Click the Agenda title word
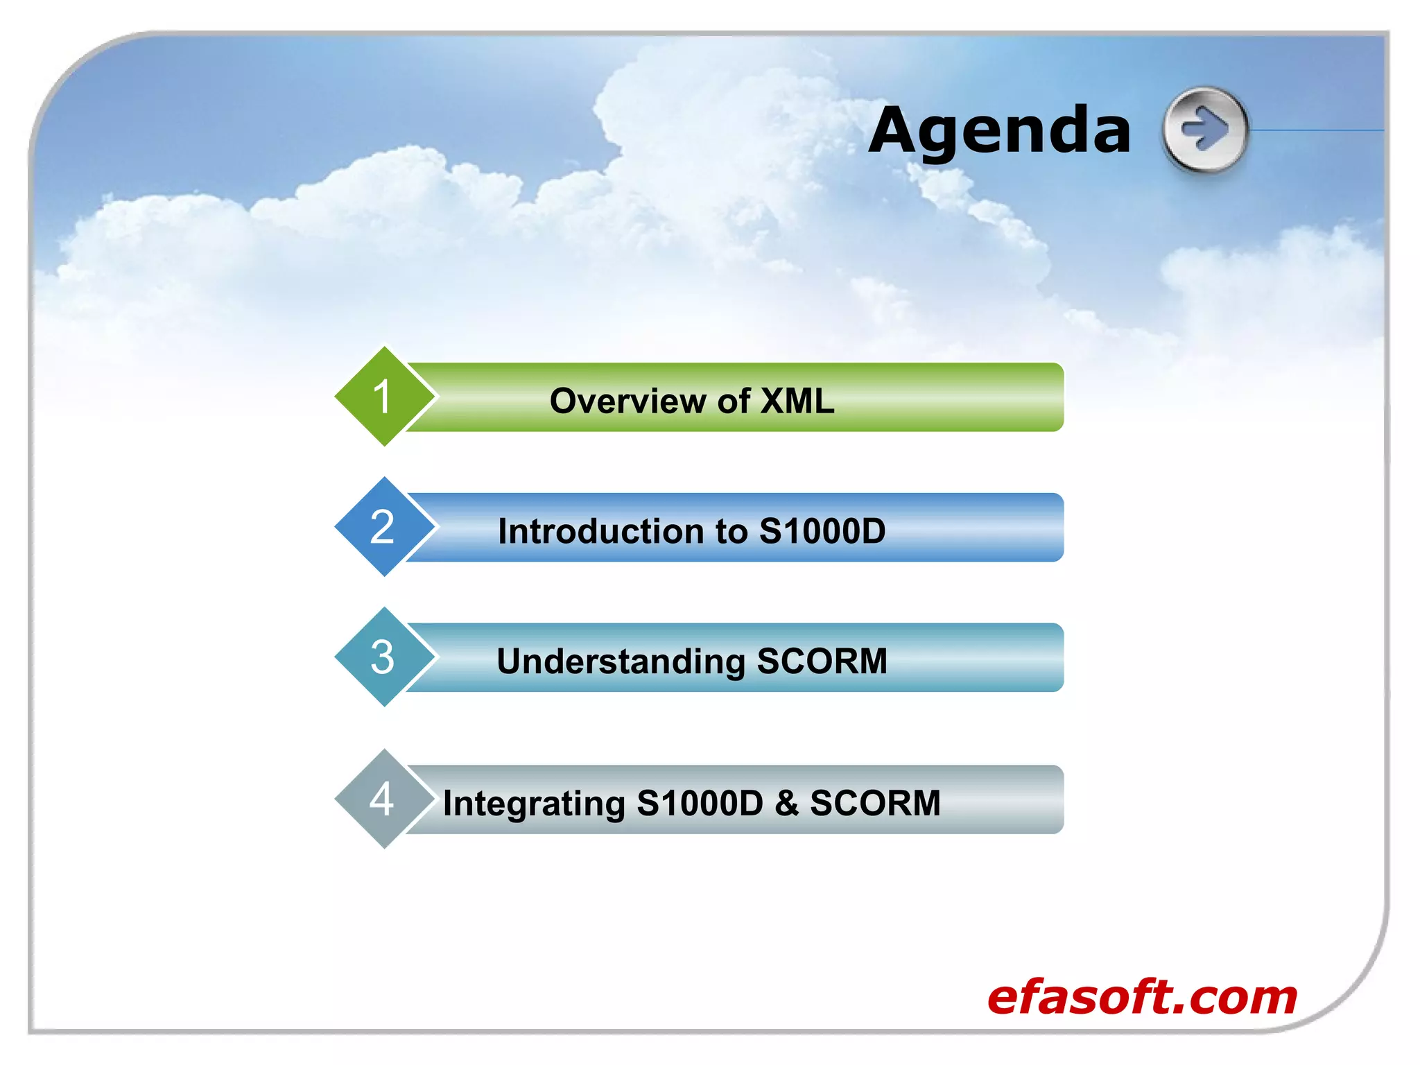click(x=999, y=130)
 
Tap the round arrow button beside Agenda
click(x=1204, y=129)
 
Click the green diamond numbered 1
click(x=383, y=397)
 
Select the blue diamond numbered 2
click(x=383, y=527)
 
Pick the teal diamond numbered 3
click(x=383, y=657)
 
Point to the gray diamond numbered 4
click(x=383, y=799)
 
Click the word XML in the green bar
click(x=797, y=401)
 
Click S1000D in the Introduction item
click(x=822, y=531)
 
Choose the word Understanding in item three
click(x=621, y=661)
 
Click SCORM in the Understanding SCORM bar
click(x=822, y=661)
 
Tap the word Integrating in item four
click(x=534, y=804)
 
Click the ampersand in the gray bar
click(x=786, y=803)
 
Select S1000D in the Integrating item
click(x=699, y=803)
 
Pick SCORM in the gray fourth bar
click(x=875, y=803)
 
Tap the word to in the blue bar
click(x=731, y=531)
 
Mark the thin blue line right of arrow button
click(x=1317, y=130)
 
